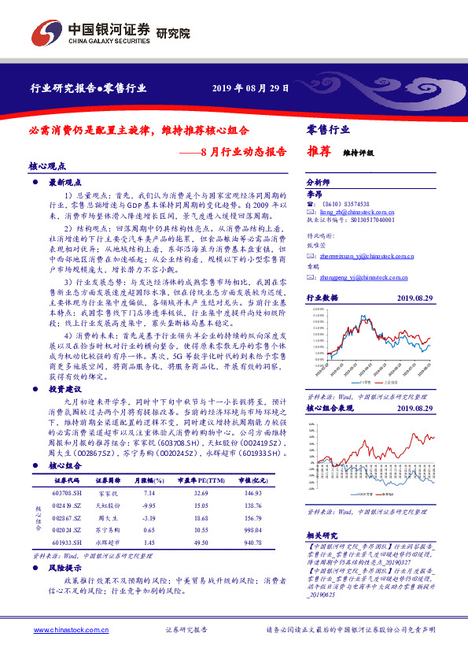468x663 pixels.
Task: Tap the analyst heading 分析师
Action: pyautogui.click(x=315, y=180)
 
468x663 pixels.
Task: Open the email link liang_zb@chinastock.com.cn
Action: pyautogui.click(x=352, y=212)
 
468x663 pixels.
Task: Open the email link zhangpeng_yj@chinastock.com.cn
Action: pyautogui.click(x=363, y=277)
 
